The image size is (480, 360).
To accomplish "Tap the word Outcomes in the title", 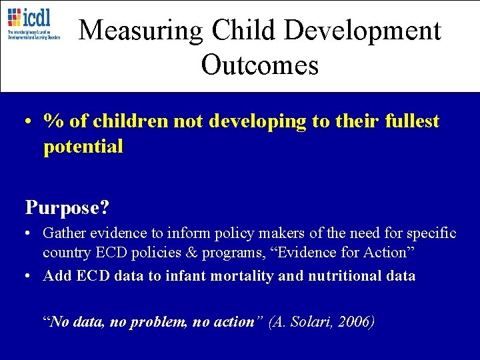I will pyautogui.click(x=260, y=65).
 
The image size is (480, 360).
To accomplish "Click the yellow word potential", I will pyautogui.click(x=83, y=147).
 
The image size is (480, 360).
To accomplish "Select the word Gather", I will pyautogui.click(x=65, y=233).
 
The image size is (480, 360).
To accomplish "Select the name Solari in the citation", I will pyautogui.click(x=311, y=322).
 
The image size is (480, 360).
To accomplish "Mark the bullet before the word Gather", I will pyautogui.click(x=29, y=234).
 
